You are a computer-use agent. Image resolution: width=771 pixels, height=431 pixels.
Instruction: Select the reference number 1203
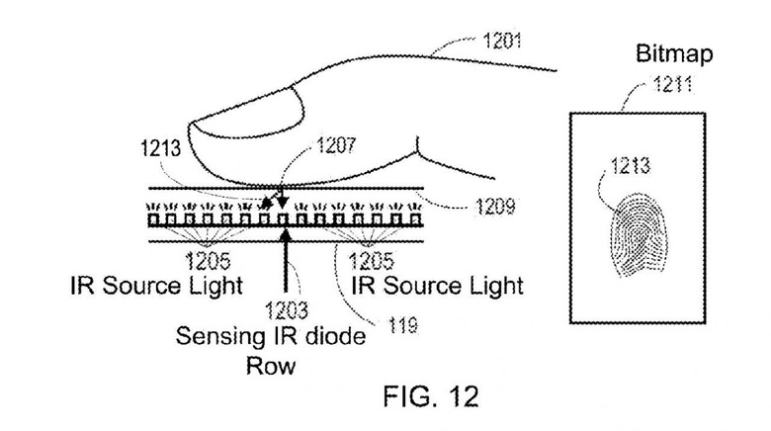tap(285, 308)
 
